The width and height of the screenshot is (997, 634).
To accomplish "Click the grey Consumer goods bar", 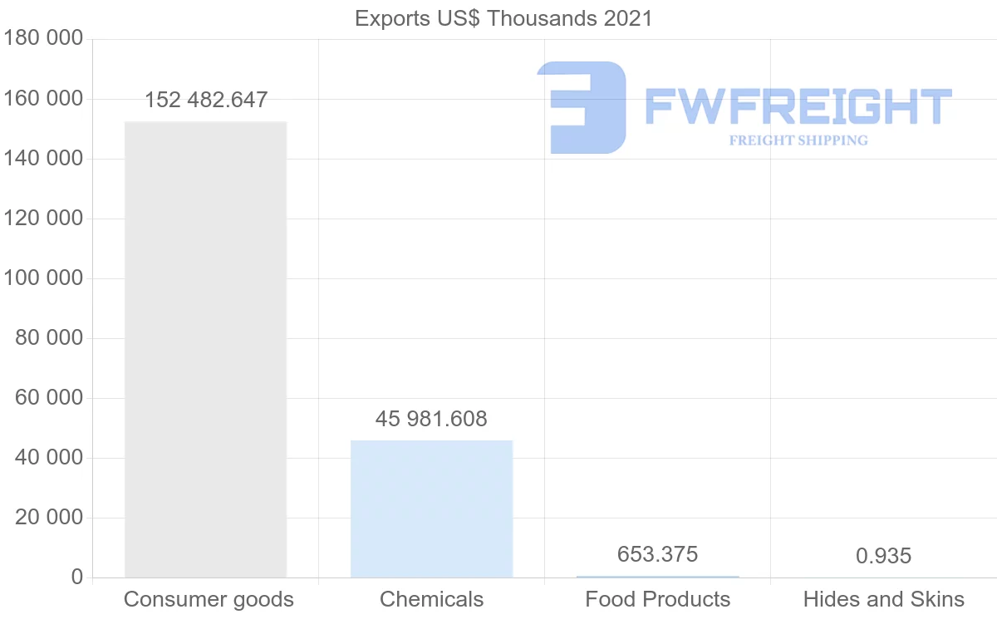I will pyautogui.click(x=205, y=349).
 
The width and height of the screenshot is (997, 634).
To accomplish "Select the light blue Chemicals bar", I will pyautogui.click(x=431, y=509).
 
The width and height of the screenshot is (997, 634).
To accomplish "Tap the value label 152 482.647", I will pyautogui.click(x=206, y=101).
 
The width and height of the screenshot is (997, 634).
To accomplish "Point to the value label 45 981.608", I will pyautogui.click(x=431, y=419).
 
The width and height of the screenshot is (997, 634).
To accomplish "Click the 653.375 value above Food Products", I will pyautogui.click(x=657, y=554).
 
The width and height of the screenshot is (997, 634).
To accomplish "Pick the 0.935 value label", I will pyautogui.click(x=883, y=556).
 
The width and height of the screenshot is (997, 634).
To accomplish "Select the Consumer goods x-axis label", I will pyautogui.click(x=209, y=599).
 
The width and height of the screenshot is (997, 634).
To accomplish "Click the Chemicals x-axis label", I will pyautogui.click(x=431, y=599).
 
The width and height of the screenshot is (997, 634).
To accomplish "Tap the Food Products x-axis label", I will pyautogui.click(x=657, y=599).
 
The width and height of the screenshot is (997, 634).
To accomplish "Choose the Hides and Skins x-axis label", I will pyautogui.click(x=883, y=599).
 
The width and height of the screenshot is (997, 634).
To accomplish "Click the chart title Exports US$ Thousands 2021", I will pyautogui.click(x=503, y=18).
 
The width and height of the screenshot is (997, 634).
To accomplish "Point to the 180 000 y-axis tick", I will pyautogui.click(x=42, y=39).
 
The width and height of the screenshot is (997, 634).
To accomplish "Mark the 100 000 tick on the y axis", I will pyautogui.click(x=42, y=278).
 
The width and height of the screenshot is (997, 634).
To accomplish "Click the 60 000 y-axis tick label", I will pyautogui.click(x=50, y=398).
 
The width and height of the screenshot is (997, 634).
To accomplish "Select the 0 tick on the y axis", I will pyautogui.click(x=76, y=577).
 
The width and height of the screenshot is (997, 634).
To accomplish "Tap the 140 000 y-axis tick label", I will pyautogui.click(x=42, y=159).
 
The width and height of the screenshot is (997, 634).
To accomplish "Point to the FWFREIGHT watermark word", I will pyautogui.click(x=798, y=107).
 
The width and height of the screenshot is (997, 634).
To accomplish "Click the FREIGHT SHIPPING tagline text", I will pyautogui.click(x=798, y=140).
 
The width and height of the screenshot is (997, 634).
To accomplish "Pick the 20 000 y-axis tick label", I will pyautogui.click(x=50, y=518).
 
